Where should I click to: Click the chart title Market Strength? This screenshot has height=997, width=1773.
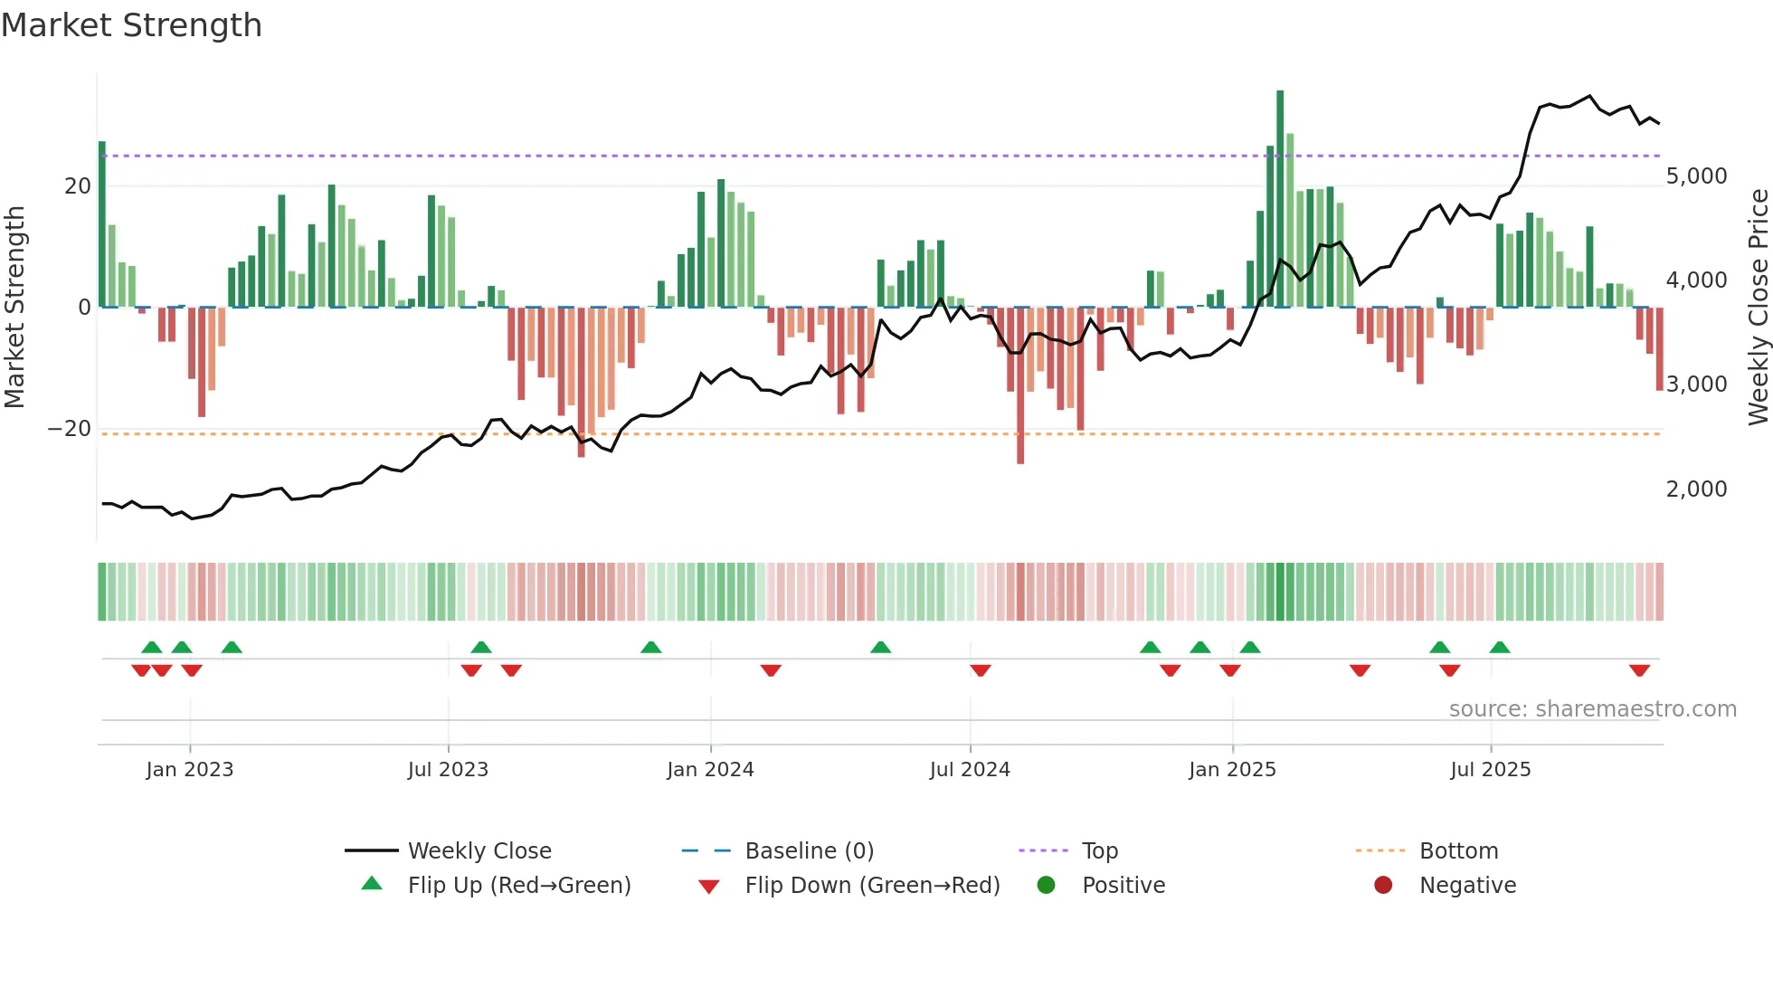[x=131, y=25]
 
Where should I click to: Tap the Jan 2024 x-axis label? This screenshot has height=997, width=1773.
[x=710, y=770]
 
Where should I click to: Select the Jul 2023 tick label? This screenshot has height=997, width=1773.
[x=448, y=770]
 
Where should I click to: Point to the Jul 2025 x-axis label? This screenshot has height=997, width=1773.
[x=1490, y=770]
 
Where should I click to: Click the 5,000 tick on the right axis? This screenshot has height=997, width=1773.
[x=1696, y=176]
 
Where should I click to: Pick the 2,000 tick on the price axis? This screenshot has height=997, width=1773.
[x=1696, y=489]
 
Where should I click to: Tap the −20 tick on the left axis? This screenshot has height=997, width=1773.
[x=70, y=429]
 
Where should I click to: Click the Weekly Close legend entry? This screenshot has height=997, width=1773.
[x=479, y=851]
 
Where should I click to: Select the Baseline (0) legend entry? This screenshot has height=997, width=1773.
[x=809, y=851]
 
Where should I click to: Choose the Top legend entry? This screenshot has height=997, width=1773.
[x=1099, y=851]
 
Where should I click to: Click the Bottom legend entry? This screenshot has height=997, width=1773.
[x=1458, y=851]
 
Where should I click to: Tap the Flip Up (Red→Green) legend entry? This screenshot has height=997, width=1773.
[x=518, y=886]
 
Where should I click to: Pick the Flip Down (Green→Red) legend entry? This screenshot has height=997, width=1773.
[x=872, y=886]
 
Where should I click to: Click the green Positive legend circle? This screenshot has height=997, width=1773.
[x=1047, y=886]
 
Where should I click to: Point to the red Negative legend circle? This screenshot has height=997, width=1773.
[x=1383, y=886]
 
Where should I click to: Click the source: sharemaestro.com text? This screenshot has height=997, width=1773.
[x=1592, y=709]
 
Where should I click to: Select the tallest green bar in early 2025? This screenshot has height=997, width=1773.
[x=1280, y=199]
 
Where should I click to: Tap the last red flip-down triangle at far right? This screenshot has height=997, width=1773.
[x=1639, y=670]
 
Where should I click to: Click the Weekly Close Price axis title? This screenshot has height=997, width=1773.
[x=1758, y=308]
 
